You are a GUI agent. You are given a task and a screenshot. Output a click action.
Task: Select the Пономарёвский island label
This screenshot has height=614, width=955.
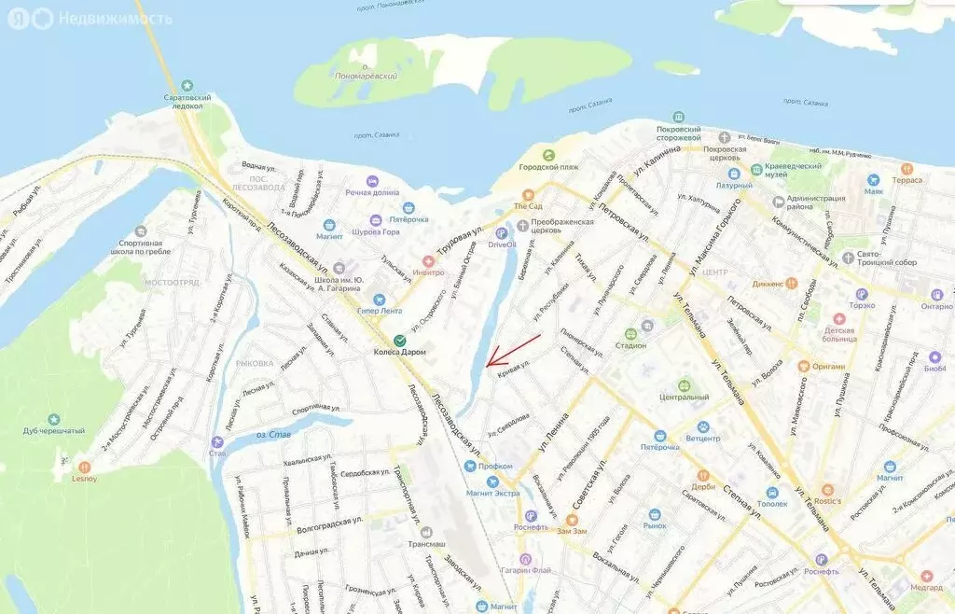coord(366,76)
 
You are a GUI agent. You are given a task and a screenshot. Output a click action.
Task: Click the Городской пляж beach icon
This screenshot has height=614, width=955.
coord(548,155)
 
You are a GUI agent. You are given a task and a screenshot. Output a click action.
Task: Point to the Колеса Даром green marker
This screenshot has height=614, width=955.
coord(399,340)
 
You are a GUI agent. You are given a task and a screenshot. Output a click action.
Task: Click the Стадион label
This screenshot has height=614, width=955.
coord(630,345)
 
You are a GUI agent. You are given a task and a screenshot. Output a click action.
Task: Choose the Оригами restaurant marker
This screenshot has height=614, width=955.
coord(803,366)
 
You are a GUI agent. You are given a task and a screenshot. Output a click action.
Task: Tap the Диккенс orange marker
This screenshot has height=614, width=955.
coord(790,281)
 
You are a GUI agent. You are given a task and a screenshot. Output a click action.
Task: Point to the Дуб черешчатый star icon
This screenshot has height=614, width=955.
coord(54,420)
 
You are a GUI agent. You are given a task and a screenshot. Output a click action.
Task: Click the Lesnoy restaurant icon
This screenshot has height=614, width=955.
coord(85,466)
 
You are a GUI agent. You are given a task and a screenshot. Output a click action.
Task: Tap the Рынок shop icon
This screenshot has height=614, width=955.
coord(655,514)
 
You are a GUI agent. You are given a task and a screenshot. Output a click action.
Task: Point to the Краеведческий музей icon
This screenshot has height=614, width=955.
coord(756,171)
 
